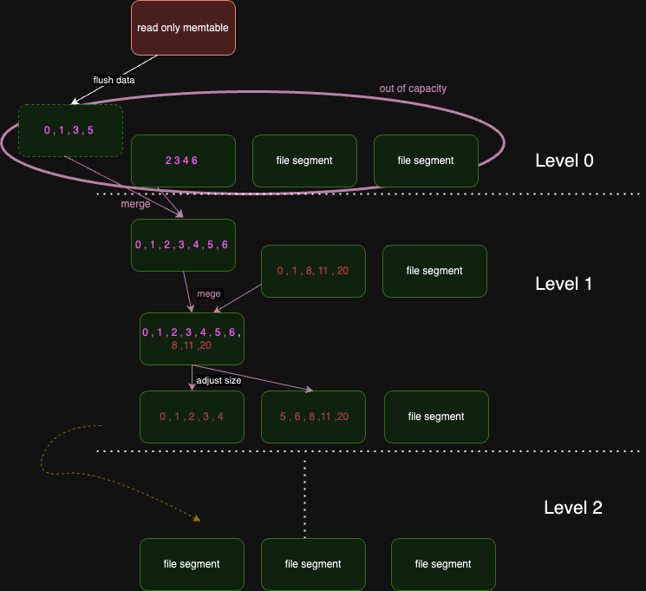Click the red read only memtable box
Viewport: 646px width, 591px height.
183,28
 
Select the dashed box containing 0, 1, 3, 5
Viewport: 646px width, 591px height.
70,131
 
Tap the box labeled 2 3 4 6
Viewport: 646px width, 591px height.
183,161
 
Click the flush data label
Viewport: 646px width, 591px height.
114,80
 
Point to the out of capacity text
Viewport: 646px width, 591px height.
413,89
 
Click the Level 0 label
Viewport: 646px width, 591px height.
564,161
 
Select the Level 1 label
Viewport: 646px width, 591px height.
564,284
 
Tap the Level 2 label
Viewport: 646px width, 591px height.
572,508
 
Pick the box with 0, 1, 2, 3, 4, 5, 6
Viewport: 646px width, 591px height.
183,245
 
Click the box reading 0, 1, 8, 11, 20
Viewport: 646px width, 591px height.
313,271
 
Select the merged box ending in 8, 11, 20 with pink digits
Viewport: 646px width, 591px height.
192,338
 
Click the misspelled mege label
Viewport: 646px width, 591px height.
209,294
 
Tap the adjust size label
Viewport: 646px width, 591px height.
219,380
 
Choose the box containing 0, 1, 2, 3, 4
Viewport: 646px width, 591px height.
192,417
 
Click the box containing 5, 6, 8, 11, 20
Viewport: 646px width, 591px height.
313,417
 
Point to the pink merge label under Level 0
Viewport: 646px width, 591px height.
135,204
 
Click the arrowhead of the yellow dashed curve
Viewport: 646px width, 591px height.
197,519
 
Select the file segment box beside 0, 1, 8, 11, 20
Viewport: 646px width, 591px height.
434,271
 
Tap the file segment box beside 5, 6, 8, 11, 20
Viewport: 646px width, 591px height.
436,417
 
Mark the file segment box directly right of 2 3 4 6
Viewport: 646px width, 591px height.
304,161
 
